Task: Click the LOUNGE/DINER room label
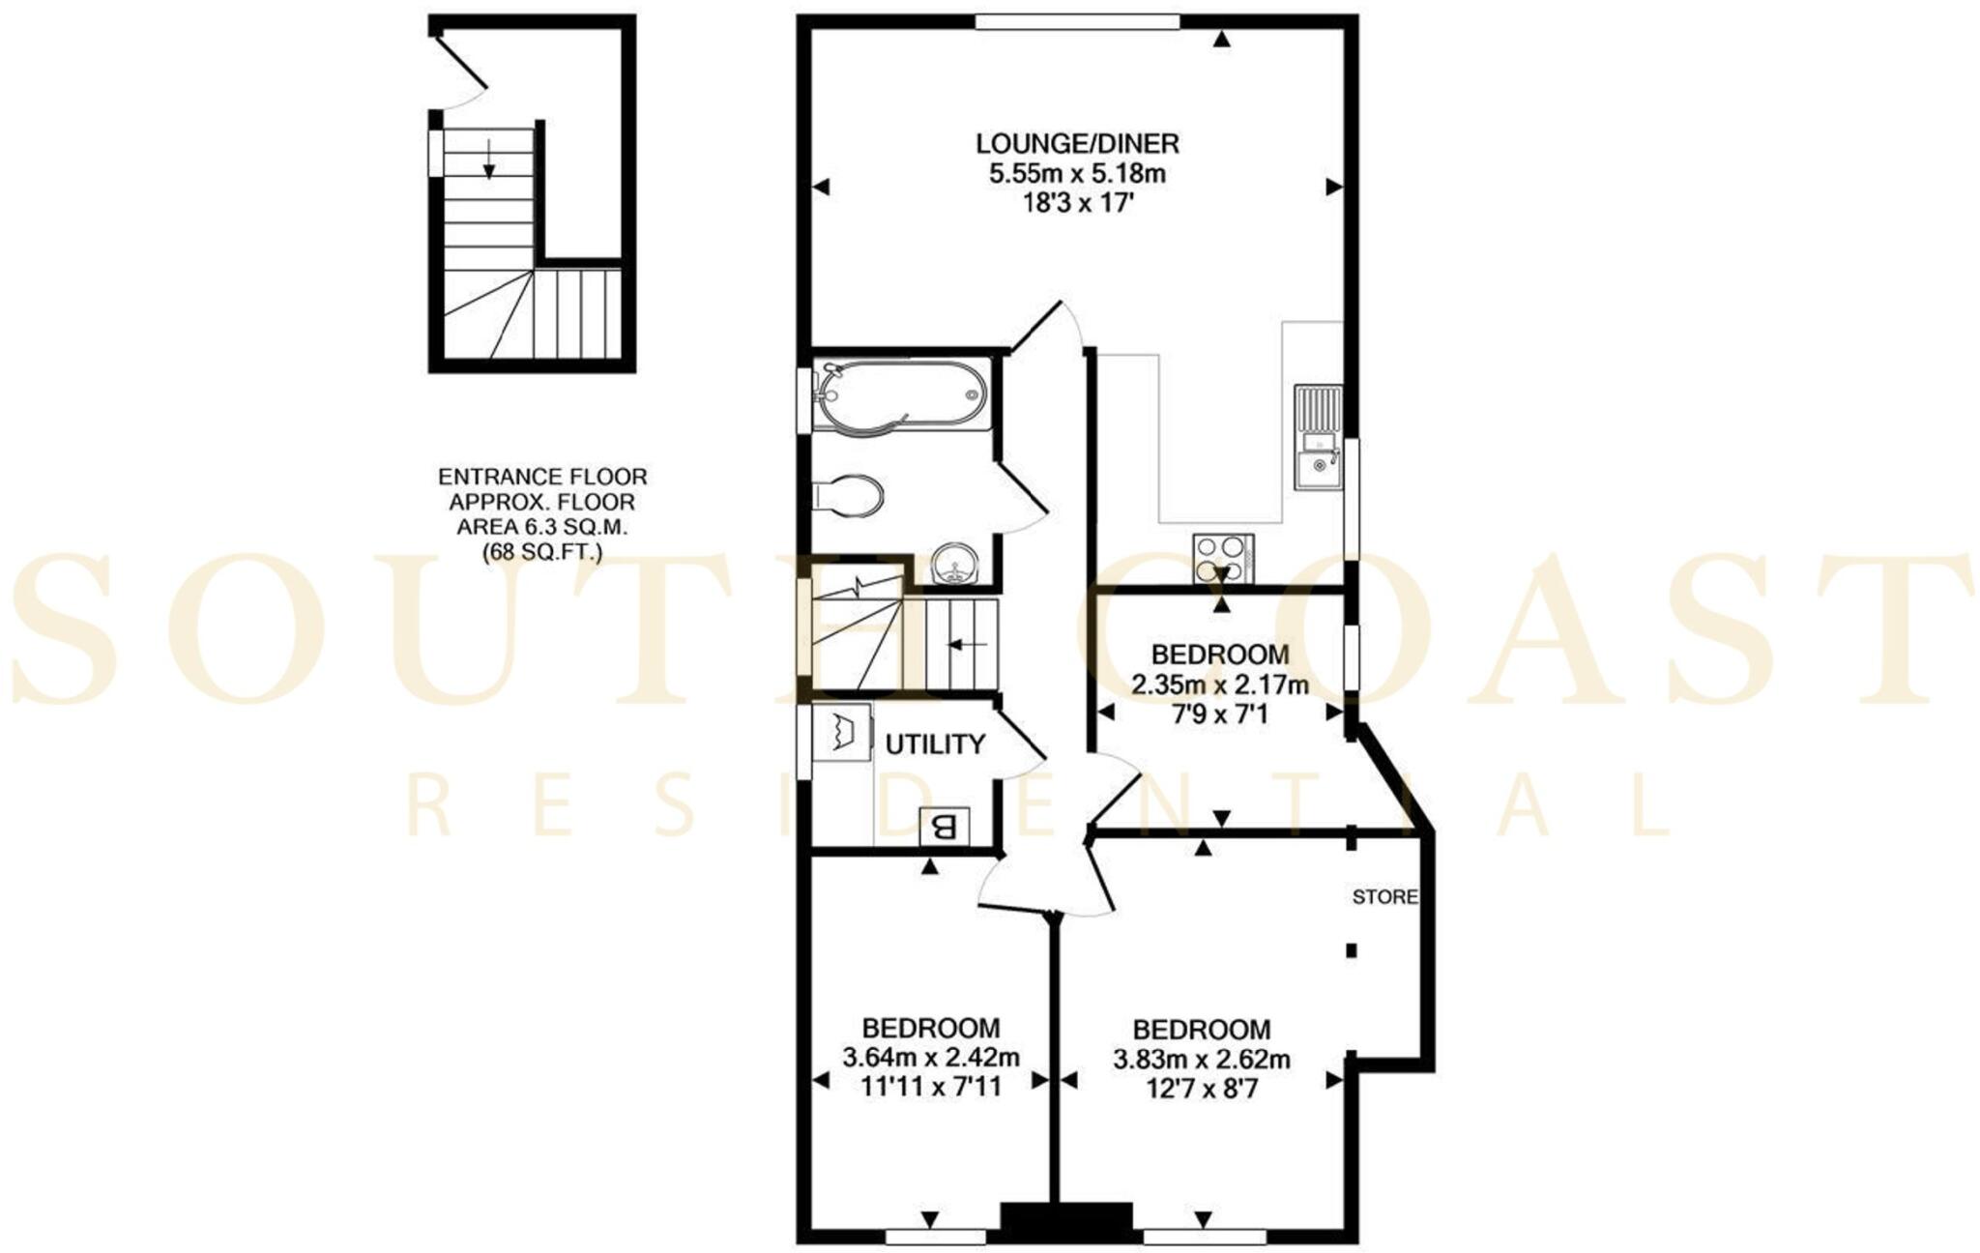[1077, 144]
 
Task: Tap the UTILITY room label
[935, 744]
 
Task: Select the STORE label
[1384, 897]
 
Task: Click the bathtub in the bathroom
[900, 395]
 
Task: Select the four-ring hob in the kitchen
[1223, 558]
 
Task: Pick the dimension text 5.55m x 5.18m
[1077, 174]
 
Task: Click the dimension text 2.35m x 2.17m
[1220, 685]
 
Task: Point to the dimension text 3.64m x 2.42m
[931, 1057]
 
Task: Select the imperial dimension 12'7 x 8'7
[1202, 1089]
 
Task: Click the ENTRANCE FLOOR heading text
[542, 477]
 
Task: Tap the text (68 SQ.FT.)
[542, 553]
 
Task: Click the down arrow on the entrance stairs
[489, 160]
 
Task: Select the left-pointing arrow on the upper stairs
[966, 644]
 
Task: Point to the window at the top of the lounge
[1077, 22]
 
